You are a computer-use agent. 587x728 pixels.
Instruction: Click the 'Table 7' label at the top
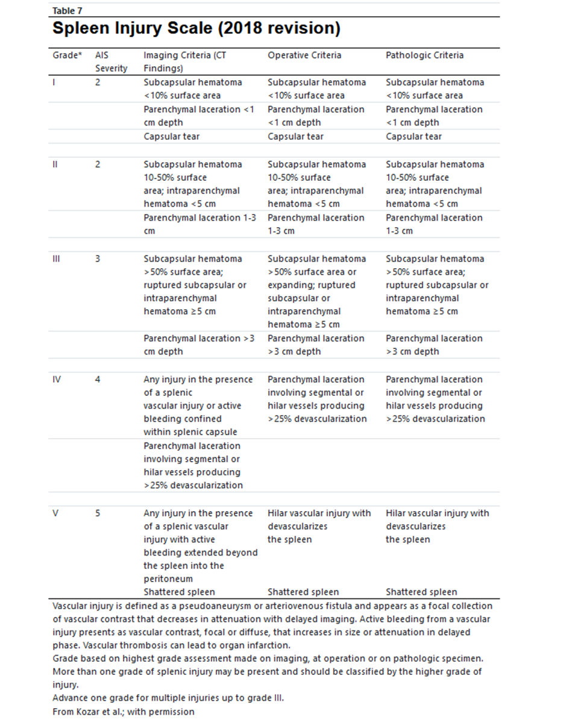[x=66, y=10]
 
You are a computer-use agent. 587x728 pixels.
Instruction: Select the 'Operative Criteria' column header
[x=304, y=55]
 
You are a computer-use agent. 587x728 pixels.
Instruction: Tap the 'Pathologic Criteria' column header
[x=424, y=55]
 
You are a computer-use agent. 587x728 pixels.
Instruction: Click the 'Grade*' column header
[x=67, y=55]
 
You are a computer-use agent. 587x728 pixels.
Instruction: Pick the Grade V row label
[x=57, y=513]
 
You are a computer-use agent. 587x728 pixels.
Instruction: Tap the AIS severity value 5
[x=98, y=513]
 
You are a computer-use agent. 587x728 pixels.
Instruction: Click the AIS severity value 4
[x=98, y=379]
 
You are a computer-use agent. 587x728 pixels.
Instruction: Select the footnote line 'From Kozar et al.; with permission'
[x=124, y=711]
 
